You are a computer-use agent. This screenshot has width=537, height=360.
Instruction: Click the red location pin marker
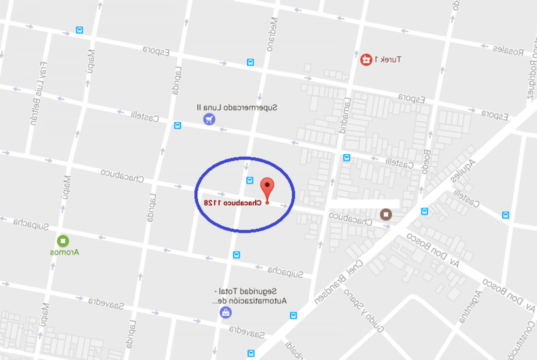pos(267,187)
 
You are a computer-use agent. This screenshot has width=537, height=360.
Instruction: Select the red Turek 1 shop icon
pos(366,59)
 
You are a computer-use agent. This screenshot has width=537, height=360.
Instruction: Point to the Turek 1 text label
pos(388,59)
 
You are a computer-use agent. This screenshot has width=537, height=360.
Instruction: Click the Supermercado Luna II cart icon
pos(209,119)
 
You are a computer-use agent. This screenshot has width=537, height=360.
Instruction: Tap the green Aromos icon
pos(63,241)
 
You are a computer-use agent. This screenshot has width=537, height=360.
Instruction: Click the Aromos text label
pos(64,252)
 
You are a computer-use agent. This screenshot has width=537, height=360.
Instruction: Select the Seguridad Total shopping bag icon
pos(226,312)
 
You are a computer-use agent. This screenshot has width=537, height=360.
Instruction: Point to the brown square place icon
pos(386,215)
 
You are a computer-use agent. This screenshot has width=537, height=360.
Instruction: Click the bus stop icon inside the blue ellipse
pos(250,180)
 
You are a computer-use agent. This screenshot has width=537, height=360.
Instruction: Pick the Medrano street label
pos(273,34)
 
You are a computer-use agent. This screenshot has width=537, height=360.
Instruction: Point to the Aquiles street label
pos(463,170)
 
